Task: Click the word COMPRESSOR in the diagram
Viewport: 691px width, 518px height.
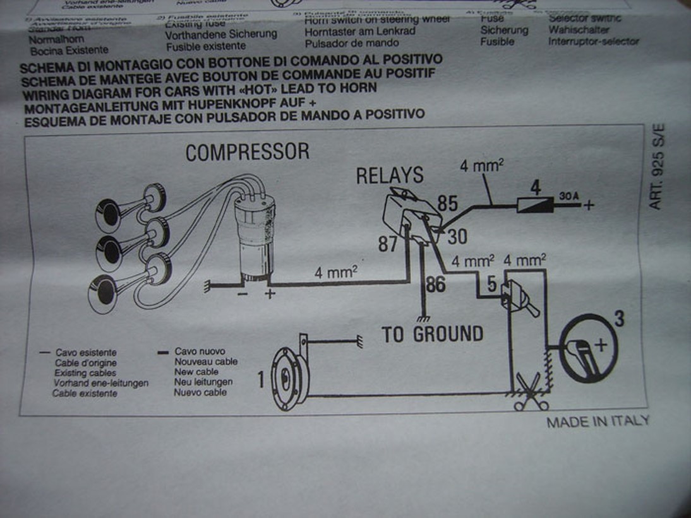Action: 247,152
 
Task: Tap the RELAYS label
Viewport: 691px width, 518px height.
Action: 389,175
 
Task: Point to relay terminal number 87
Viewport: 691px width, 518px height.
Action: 388,244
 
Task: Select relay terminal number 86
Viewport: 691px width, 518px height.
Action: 435,285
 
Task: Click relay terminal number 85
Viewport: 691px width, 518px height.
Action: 447,204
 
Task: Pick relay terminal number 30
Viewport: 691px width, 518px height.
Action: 457,237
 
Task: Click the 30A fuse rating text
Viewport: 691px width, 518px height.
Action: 568,197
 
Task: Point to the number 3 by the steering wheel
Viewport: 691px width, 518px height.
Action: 619,319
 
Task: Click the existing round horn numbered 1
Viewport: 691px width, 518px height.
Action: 289,379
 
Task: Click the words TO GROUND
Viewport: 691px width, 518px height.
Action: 433,334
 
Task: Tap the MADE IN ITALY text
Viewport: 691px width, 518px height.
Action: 598,421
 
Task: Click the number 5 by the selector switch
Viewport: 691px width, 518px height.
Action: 491,285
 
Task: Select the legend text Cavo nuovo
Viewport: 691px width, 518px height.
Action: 200,351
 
